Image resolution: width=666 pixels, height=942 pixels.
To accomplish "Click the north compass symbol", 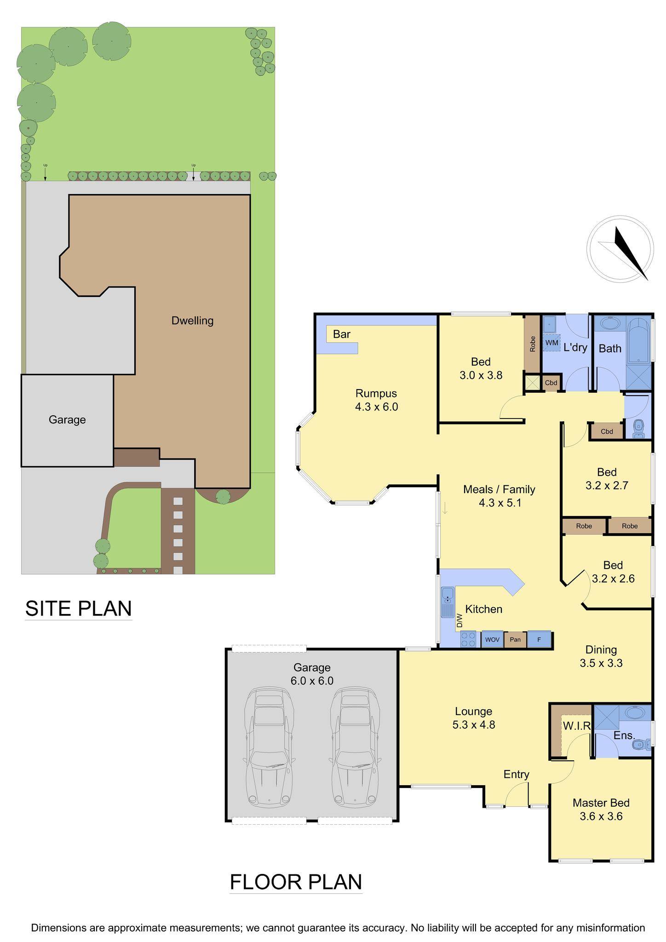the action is click(x=620, y=249).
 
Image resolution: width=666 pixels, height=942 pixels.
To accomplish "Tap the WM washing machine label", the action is click(x=551, y=343).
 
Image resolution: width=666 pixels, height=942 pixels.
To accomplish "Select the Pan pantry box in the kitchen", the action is click(x=515, y=639).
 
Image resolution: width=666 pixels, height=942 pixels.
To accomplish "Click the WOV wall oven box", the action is click(x=492, y=639).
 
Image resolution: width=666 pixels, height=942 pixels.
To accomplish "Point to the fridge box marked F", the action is click(x=539, y=639).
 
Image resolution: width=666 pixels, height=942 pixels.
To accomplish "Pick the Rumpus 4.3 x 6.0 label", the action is click(x=376, y=400).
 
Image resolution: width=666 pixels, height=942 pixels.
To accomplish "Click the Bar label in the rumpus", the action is click(x=342, y=334).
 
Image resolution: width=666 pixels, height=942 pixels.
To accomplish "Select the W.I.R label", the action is click(x=577, y=726).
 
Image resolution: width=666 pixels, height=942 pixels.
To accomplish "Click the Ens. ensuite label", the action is click(x=624, y=735).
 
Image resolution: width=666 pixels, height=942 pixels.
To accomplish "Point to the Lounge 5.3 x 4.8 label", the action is click(x=473, y=718).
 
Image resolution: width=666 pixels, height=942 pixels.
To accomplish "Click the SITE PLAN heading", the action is click(x=79, y=608).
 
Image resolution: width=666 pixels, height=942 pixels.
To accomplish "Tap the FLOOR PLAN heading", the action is click(x=296, y=882).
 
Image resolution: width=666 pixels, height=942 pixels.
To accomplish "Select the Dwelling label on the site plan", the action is click(x=192, y=321).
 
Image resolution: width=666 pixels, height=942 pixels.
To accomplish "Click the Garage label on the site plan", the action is click(x=67, y=419).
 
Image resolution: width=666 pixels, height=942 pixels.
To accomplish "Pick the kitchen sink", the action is click(x=447, y=602).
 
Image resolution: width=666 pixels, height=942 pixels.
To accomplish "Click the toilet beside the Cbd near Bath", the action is click(x=638, y=429).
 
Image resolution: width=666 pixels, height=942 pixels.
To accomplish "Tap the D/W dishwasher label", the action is click(x=459, y=621).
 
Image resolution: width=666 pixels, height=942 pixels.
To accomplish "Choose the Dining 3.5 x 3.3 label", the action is click(x=601, y=656).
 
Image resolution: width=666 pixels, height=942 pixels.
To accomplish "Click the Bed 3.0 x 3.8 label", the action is click(x=481, y=368).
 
